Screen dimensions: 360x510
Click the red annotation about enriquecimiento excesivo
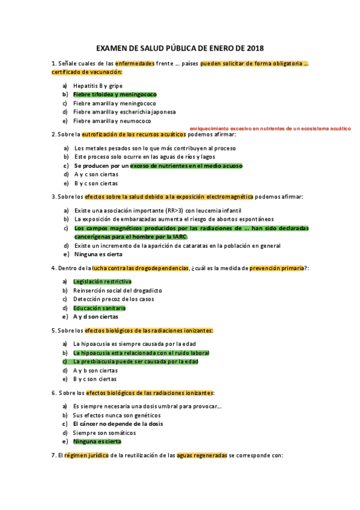point(269,129)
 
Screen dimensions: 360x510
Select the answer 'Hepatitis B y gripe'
point(98,85)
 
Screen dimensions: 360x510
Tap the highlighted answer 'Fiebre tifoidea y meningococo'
point(115,94)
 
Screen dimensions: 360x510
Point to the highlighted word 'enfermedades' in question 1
point(135,63)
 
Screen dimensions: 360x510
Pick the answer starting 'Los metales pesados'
point(155,147)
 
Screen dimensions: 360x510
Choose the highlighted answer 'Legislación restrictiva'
point(102,281)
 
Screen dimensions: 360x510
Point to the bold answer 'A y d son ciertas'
point(96,316)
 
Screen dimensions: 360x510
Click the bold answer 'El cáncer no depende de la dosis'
point(118,423)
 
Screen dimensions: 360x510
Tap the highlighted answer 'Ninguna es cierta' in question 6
point(97,441)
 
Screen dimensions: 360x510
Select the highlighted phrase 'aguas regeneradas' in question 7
point(202,455)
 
